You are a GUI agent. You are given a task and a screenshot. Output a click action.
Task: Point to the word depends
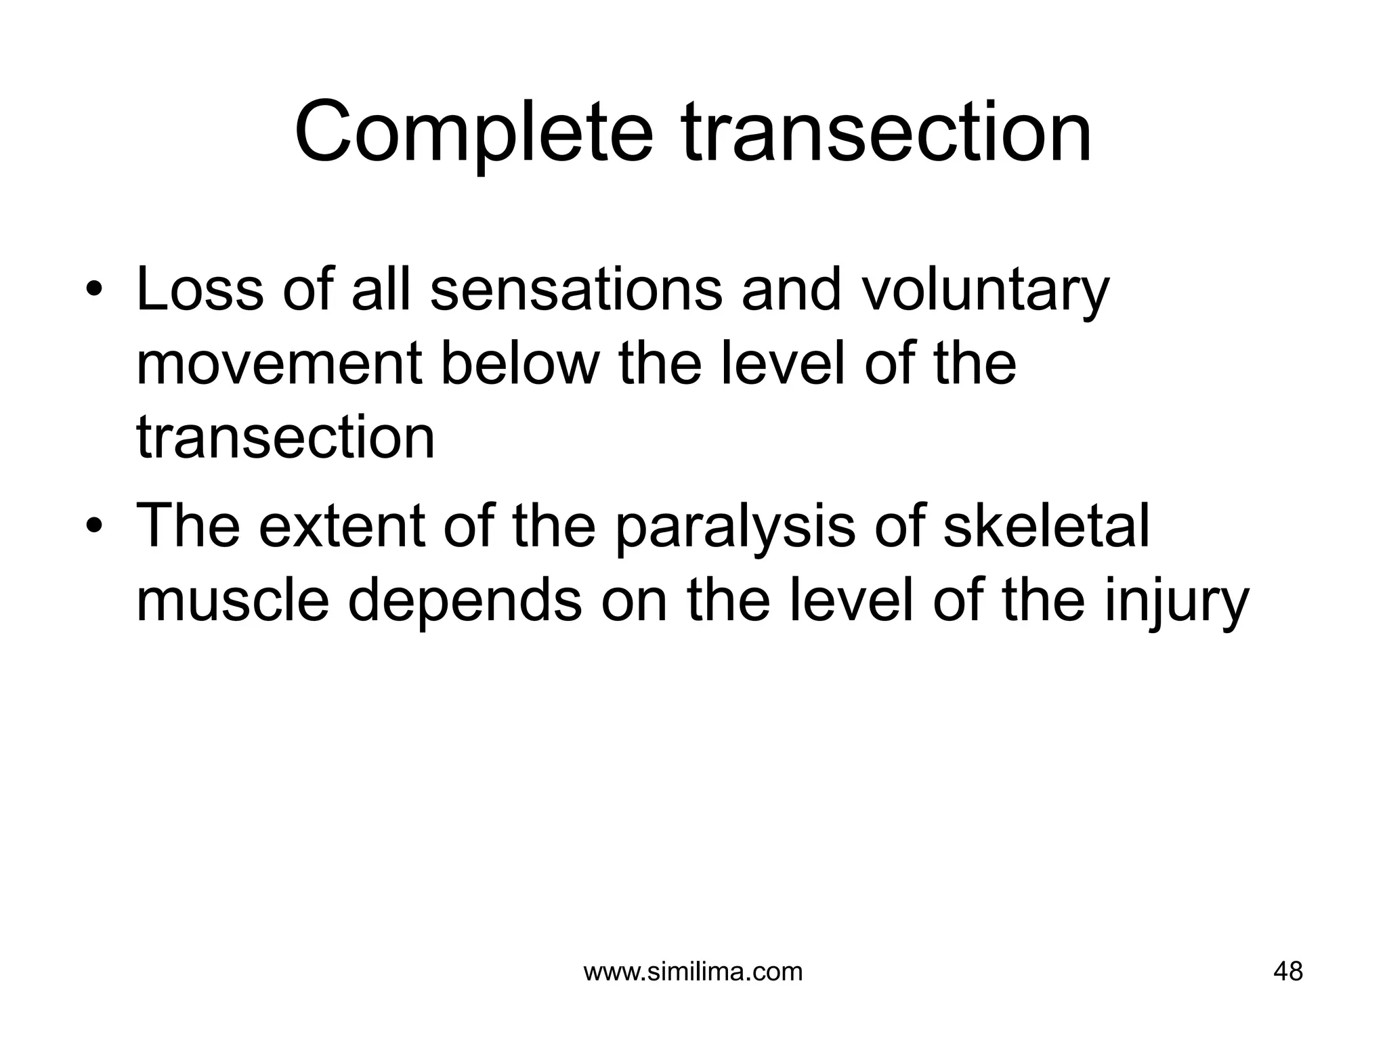(465, 603)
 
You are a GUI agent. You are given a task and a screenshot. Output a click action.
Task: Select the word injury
(1176, 603)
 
